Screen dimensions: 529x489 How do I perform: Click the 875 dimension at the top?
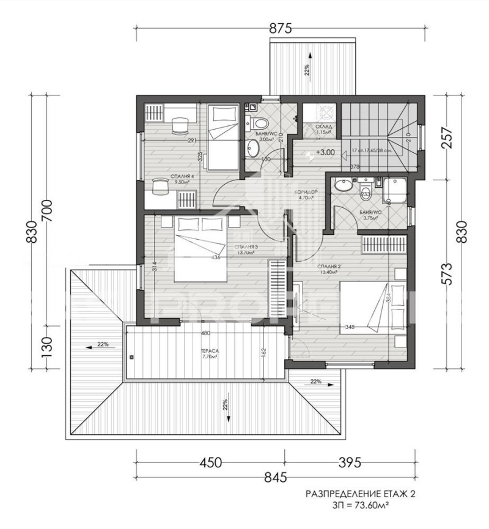tap(279, 29)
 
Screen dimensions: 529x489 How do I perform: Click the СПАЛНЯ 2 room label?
tap(329, 267)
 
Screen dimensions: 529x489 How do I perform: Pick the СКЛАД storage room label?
tap(323, 127)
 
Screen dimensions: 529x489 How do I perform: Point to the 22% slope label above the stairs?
tap(307, 69)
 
